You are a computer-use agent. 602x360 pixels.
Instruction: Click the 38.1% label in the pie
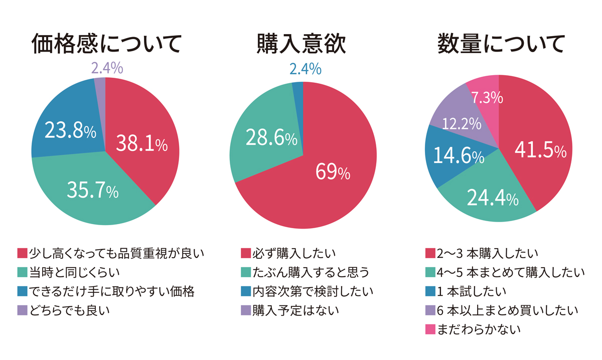[142, 144]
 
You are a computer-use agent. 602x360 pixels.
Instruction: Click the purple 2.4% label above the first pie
[107, 68]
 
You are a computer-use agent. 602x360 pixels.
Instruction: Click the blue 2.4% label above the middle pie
[305, 69]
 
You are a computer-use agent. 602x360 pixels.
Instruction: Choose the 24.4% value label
[493, 199]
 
